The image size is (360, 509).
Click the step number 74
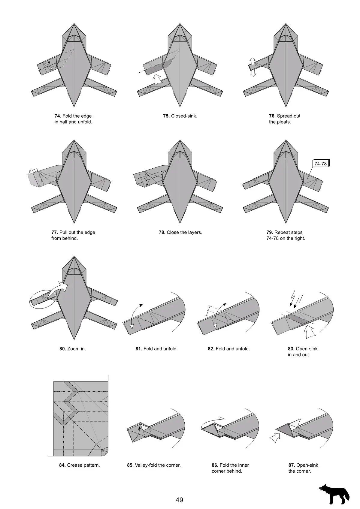(x=58, y=116)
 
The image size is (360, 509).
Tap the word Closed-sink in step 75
(x=184, y=116)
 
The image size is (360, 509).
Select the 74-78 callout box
(x=320, y=164)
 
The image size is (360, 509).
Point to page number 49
(x=179, y=500)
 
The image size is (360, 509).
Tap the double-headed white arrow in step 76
(x=253, y=67)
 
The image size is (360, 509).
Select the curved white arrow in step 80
(x=58, y=289)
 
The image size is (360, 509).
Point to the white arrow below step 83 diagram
(x=310, y=332)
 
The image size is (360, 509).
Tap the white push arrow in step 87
(x=275, y=438)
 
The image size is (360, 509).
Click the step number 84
(x=62, y=465)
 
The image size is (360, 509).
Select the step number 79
(x=270, y=232)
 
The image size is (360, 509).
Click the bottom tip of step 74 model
(x=74, y=107)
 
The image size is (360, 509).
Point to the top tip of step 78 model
(x=180, y=140)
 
